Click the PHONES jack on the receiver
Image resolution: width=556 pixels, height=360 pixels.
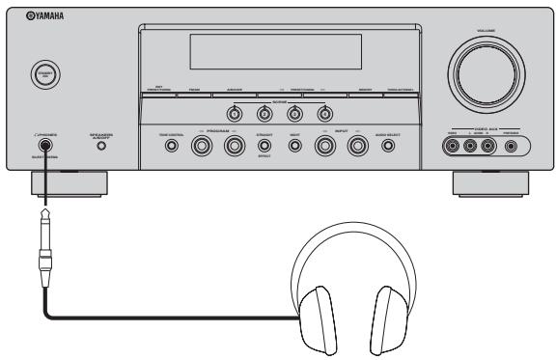[x=44, y=148]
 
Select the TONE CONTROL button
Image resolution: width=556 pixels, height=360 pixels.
[x=171, y=147]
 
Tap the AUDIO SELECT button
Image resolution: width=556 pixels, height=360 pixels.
[x=387, y=147]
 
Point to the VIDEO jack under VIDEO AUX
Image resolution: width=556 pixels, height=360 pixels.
[x=452, y=147]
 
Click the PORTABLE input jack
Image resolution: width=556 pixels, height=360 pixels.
[x=511, y=147]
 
